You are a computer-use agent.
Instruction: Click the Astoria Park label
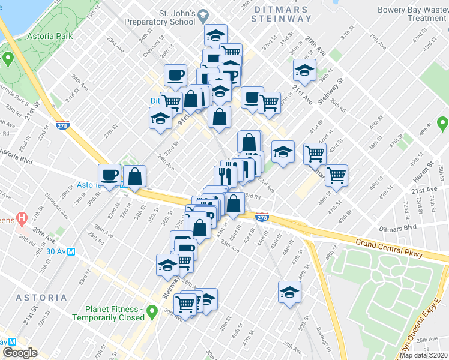49,36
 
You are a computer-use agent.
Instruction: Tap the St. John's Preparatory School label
160,17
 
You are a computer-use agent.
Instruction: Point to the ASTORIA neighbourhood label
41,298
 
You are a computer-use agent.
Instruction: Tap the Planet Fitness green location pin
152,311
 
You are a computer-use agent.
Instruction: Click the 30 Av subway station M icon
71,252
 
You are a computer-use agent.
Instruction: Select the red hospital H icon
22,217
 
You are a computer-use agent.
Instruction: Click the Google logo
20,353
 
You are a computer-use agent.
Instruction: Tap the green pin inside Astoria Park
8,59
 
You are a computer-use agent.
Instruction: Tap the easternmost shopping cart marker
337,175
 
